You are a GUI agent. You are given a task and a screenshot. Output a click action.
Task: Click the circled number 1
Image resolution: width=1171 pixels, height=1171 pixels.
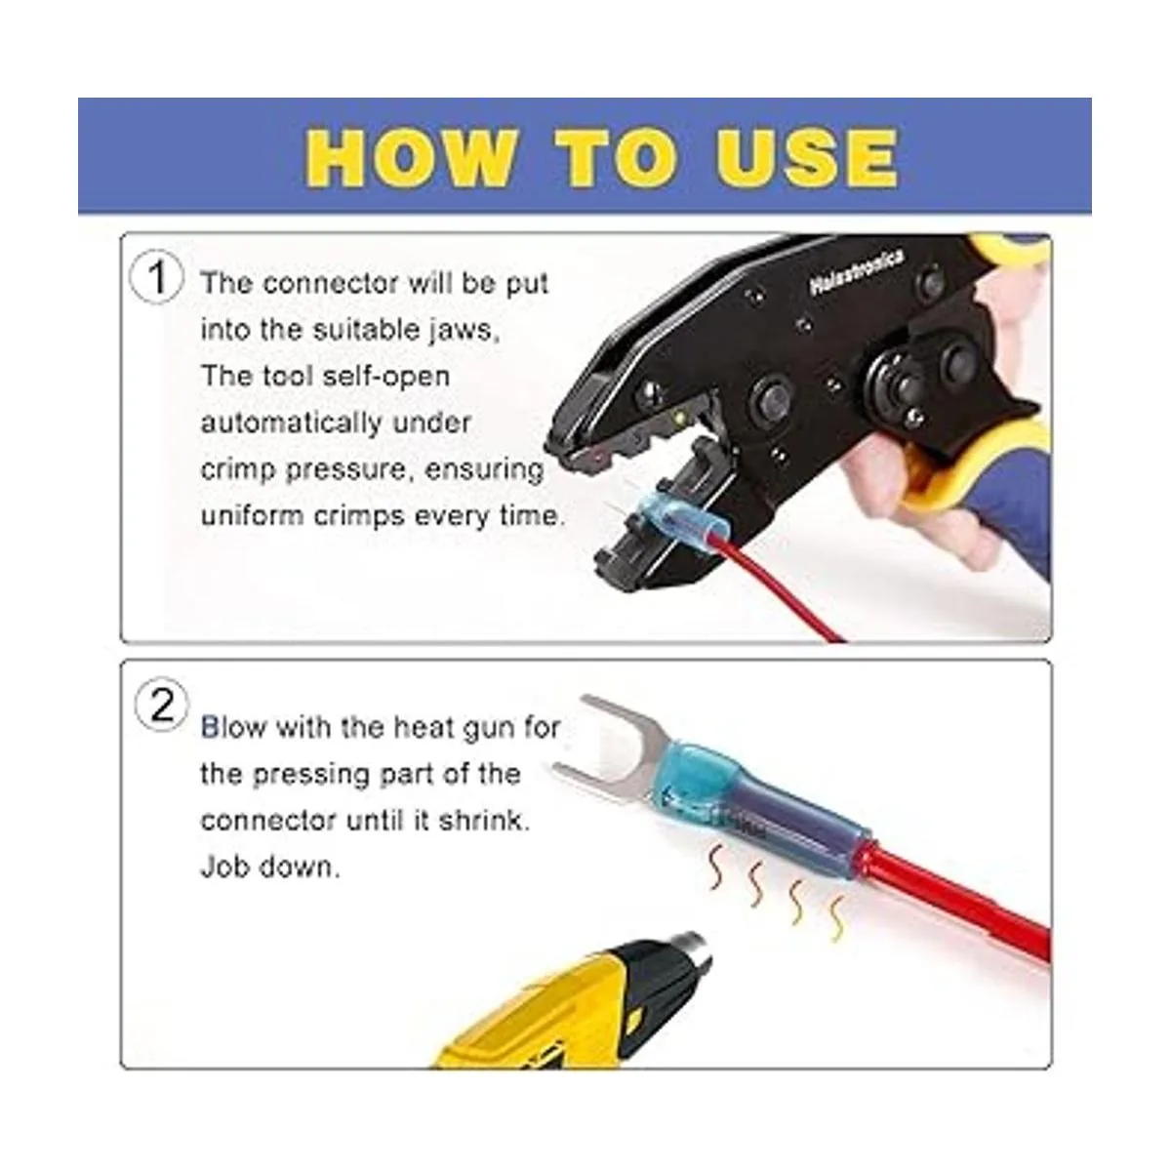157,278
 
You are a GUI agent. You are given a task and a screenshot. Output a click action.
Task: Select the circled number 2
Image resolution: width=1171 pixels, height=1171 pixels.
161,706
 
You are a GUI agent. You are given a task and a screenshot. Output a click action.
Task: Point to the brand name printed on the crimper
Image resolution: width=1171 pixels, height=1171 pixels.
856,272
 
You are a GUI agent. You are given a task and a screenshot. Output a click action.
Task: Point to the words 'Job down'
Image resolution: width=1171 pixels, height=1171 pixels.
269,867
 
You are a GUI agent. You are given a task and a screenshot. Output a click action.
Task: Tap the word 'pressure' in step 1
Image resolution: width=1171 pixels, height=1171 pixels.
345,470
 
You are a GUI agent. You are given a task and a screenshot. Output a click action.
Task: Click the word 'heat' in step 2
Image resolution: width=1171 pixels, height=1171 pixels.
423,727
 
